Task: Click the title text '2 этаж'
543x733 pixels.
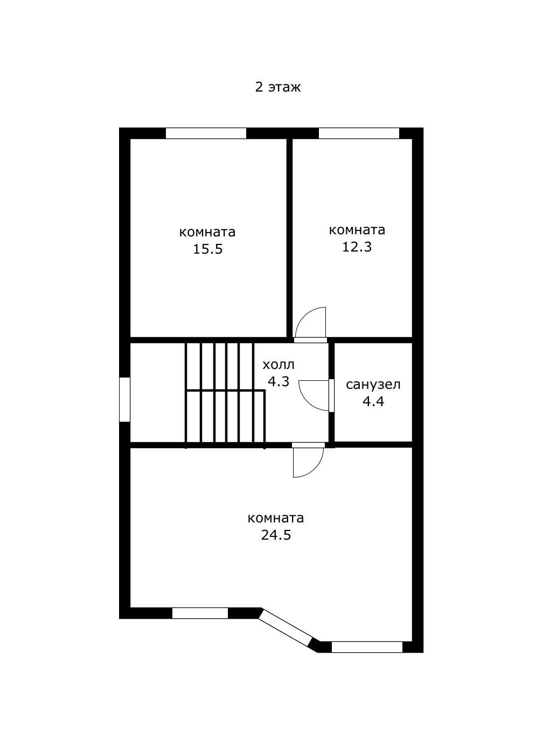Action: click(277, 87)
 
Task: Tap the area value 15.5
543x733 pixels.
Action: click(208, 249)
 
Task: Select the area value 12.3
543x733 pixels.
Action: click(357, 247)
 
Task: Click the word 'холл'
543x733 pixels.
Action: click(279, 365)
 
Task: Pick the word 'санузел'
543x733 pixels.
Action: click(373, 385)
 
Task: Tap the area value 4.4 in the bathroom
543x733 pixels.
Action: click(373, 402)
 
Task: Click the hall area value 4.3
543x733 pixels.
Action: click(279, 382)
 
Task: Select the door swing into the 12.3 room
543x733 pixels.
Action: click(310, 322)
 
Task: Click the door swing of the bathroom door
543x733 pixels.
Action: click(314, 395)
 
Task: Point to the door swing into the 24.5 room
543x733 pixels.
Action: click(308, 463)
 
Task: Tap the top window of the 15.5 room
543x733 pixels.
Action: click(206, 133)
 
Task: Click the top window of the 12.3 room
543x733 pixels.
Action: click(359, 133)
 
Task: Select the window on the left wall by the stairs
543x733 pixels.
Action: click(124, 399)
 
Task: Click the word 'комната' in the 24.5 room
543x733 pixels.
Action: click(275, 518)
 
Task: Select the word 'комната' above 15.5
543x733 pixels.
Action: click(207, 232)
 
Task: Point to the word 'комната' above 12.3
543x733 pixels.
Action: click(357, 230)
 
